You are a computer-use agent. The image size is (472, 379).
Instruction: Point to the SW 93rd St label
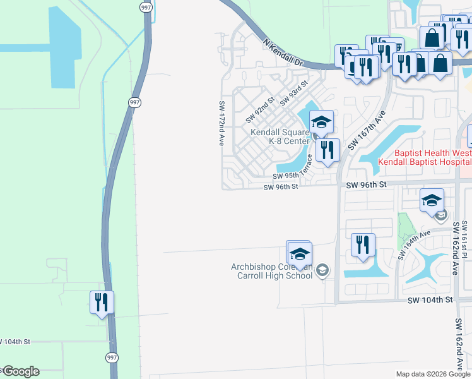pos(293,93)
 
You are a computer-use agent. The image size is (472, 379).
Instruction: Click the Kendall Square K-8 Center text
pos(280,137)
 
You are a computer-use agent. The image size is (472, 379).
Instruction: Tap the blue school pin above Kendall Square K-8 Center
pos(321,121)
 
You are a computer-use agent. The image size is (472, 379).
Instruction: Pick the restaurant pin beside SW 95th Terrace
pos(327,150)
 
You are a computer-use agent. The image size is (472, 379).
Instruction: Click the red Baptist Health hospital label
pos(423,157)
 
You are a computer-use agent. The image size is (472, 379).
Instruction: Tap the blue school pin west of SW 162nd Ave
pos(432,200)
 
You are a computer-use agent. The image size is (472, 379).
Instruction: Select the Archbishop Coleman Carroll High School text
pos(271,270)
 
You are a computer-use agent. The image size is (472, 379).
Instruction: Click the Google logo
pos(20,371)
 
